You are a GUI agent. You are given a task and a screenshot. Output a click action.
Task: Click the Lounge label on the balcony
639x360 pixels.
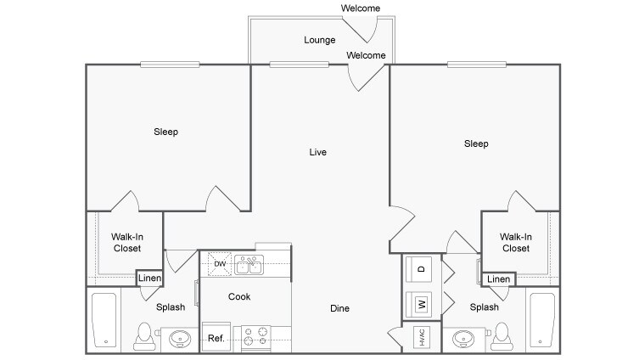[x=319, y=40]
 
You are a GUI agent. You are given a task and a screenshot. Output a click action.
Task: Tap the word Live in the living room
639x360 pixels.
[x=318, y=152]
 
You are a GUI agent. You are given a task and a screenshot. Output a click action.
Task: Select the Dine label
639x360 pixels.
[x=339, y=308]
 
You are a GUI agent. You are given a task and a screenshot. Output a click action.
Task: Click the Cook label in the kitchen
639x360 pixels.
[x=239, y=296]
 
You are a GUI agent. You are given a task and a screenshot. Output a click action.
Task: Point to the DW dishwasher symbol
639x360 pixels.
[x=220, y=264]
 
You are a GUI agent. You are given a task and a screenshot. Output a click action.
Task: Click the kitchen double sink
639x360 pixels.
[x=249, y=265]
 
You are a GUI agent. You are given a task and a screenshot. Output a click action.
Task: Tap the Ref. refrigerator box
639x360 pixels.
[x=216, y=337]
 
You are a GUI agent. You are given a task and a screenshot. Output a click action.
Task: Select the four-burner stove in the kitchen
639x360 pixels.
[x=256, y=336]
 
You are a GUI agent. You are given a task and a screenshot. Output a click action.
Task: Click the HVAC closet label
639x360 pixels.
[x=422, y=338]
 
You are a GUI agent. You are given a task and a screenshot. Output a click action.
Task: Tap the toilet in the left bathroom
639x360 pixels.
[x=144, y=337]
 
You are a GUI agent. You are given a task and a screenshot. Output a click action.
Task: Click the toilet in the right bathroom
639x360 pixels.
[x=502, y=337]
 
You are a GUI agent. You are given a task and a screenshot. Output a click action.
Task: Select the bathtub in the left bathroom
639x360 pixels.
[x=104, y=320]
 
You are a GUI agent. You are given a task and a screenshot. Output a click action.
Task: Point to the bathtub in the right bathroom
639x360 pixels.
[x=542, y=320]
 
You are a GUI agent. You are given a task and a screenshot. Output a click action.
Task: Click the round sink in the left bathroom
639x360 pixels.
[x=180, y=339]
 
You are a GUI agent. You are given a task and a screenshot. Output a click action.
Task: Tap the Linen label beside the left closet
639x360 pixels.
[x=149, y=278]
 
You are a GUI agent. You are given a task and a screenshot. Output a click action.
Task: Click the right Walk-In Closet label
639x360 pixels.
[x=516, y=243]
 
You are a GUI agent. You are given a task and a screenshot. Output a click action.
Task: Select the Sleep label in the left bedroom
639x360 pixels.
[x=165, y=132]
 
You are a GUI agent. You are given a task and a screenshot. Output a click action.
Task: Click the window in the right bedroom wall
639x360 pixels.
[x=477, y=65]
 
